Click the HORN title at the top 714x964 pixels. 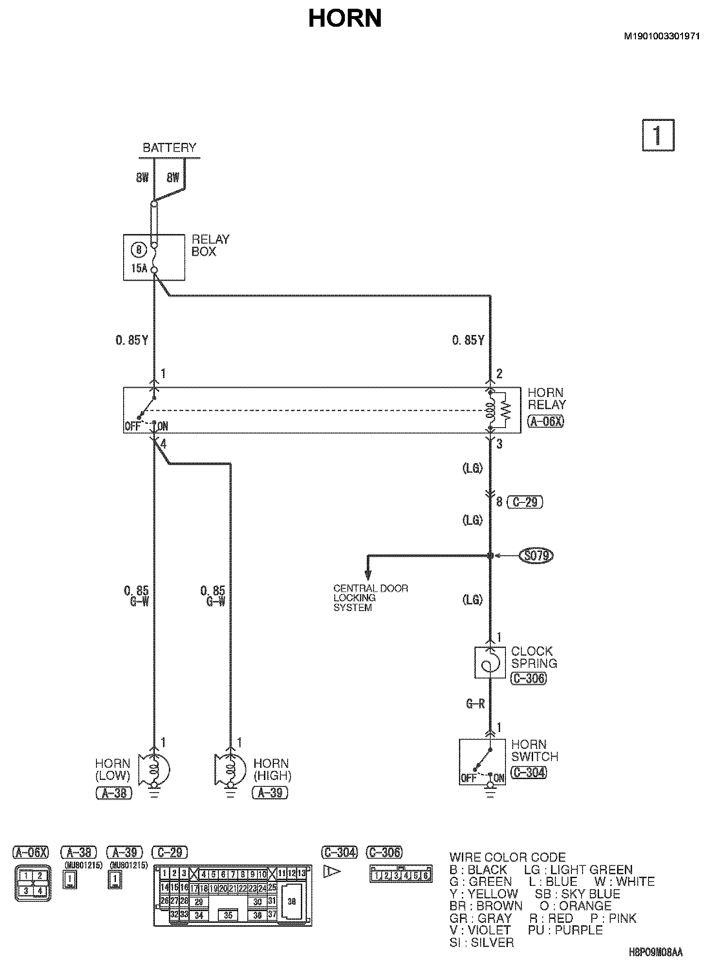tap(345, 18)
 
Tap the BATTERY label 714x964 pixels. tap(169, 148)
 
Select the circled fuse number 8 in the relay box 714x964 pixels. tap(139, 250)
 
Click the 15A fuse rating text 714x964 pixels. tap(139, 268)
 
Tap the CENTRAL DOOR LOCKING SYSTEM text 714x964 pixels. tap(371, 598)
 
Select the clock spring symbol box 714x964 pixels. tap(490, 662)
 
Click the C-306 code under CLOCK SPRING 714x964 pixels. tap(528, 678)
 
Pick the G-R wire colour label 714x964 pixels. tap(475, 703)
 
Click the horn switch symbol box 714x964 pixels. tap(483, 762)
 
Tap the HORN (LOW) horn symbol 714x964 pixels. tap(155, 770)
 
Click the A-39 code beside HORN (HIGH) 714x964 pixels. tap(270, 793)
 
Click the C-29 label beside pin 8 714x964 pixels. tap(524, 502)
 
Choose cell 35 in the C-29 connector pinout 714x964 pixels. tap(228, 915)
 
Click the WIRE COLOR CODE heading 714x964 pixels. tap(507, 857)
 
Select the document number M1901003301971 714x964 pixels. tap(662, 36)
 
